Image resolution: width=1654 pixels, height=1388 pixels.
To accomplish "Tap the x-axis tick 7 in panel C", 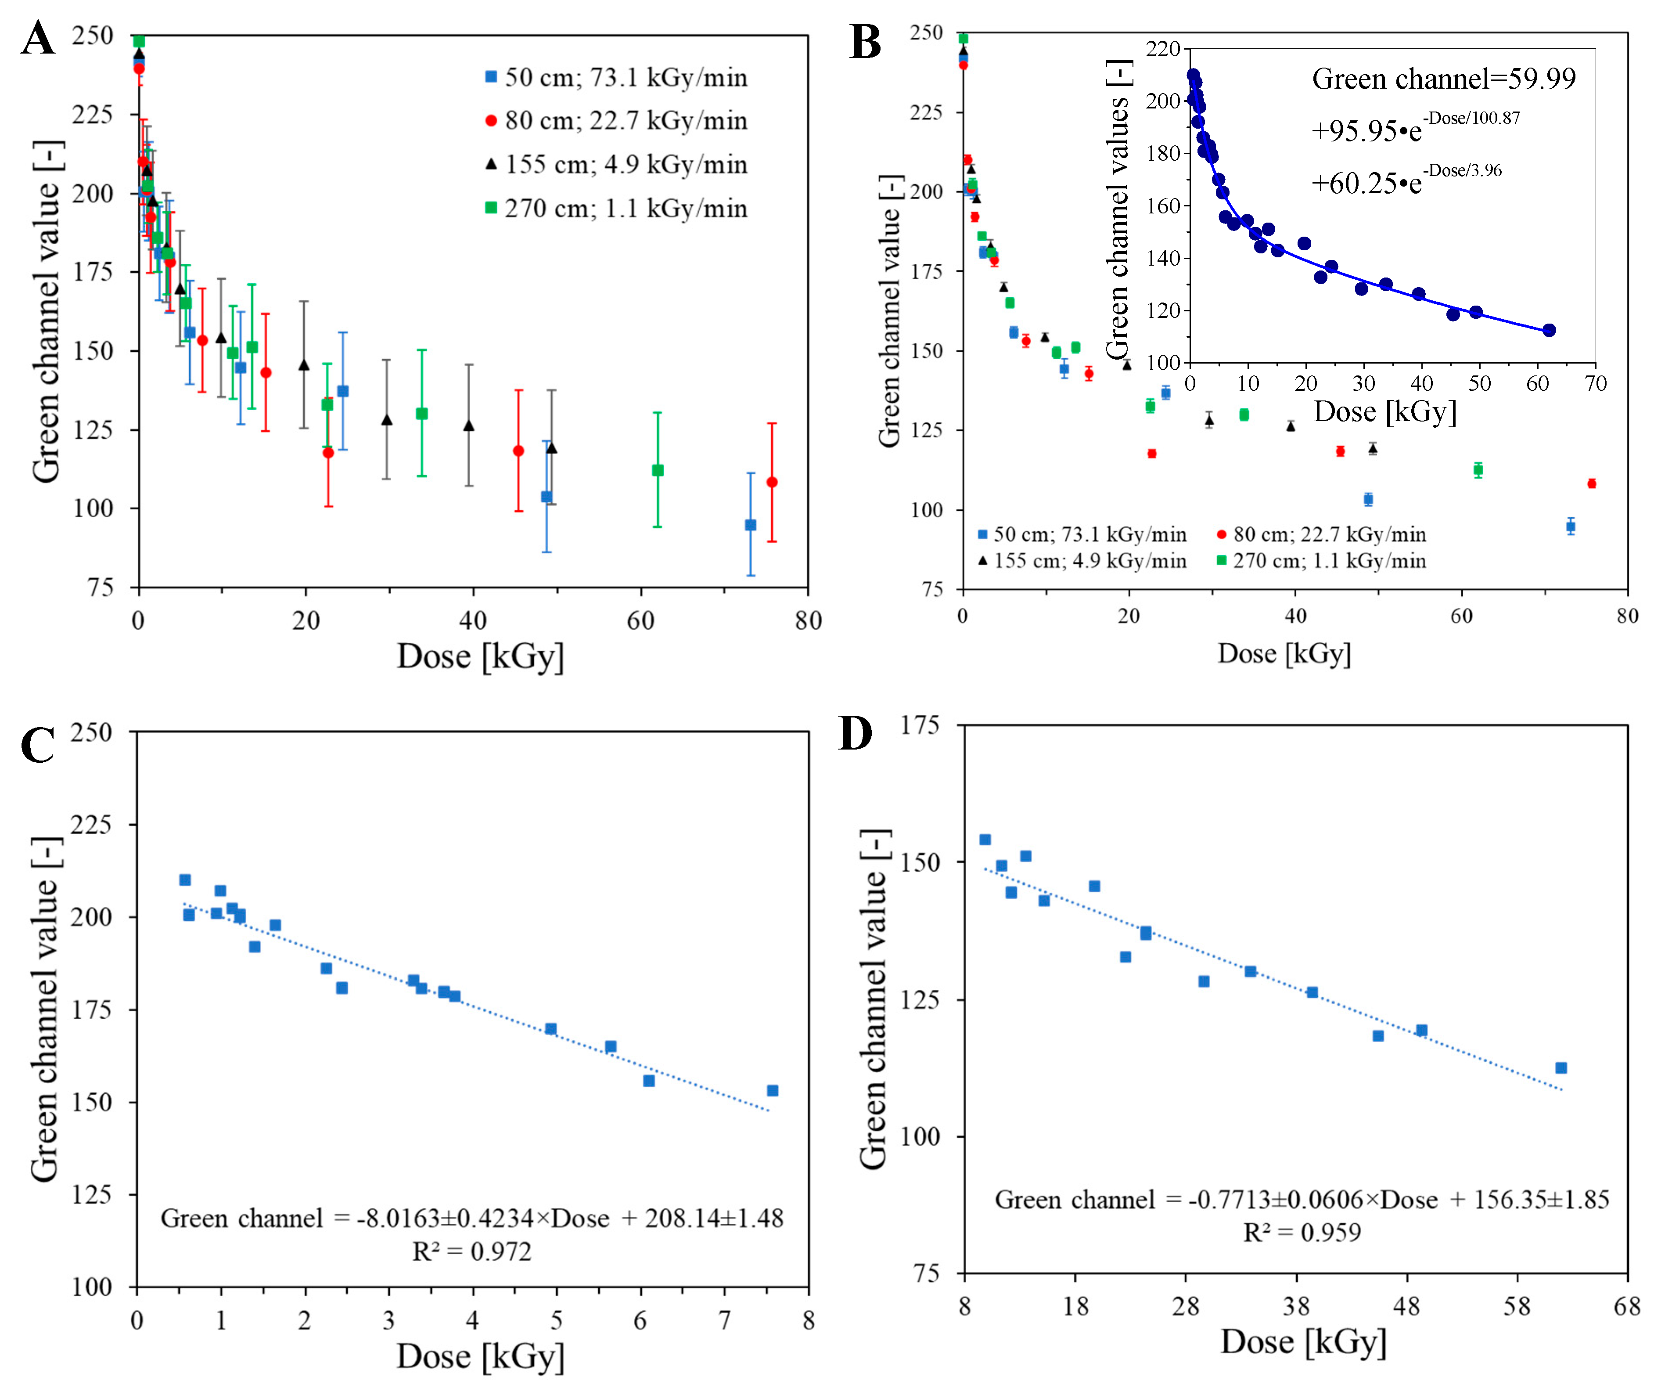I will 724,1320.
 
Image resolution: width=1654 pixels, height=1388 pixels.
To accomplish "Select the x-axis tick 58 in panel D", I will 1516,1307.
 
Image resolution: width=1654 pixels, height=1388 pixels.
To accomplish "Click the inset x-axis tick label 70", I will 1595,384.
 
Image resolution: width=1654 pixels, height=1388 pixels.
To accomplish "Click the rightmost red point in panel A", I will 772,482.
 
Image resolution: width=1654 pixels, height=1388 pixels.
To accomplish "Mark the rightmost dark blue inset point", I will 1549,330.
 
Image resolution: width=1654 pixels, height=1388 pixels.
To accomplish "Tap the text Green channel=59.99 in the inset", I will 1443,79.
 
